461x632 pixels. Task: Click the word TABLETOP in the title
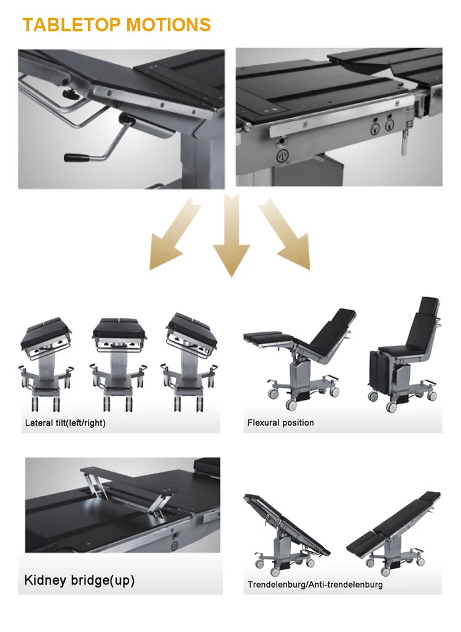click(71, 25)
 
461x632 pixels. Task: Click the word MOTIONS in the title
click(168, 25)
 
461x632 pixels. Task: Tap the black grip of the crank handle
click(77, 158)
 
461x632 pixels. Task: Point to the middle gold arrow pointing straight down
click(232, 236)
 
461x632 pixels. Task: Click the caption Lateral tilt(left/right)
click(65, 423)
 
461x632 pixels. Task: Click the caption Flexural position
click(280, 423)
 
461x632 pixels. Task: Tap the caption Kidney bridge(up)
click(79, 580)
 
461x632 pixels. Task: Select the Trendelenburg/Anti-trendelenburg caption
click(315, 585)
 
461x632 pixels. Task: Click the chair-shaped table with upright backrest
click(404, 355)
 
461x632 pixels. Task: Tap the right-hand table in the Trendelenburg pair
click(393, 532)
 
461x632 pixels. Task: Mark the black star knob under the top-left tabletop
click(70, 95)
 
